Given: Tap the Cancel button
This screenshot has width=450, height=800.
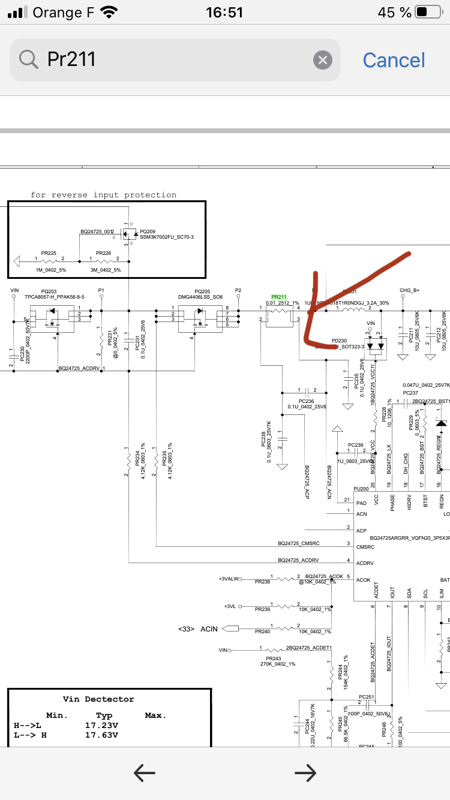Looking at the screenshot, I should coord(394,60).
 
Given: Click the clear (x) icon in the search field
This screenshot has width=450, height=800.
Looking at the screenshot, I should coord(322,60).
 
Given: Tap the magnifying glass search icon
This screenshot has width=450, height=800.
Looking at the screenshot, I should coord(28,59).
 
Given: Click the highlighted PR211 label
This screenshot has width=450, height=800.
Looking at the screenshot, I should coord(279,297).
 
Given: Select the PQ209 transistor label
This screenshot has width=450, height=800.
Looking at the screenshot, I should coord(147,231).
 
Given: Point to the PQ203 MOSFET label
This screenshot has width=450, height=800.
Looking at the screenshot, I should coord(49,291).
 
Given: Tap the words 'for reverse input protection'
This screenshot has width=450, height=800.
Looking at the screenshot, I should coord(104,195).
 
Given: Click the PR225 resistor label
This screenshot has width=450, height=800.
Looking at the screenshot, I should coord(49,254).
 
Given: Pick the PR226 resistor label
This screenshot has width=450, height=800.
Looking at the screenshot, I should coord(103,254).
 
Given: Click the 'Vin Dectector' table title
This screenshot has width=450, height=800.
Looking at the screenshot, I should coord(98,699).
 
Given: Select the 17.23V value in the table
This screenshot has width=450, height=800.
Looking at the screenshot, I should coord(101,725).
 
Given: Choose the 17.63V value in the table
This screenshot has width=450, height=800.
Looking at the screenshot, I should coord(101,735).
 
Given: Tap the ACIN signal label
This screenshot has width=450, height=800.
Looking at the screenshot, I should coord(209,628).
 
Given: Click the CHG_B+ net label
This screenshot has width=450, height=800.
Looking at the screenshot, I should coord(410,291).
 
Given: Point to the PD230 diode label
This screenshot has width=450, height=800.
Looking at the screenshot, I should coord(339,341).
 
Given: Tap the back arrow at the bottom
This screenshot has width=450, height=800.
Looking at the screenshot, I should coord(145,774).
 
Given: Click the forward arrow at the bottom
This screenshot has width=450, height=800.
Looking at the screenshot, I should coord(305,774).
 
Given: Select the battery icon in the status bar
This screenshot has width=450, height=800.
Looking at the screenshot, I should coord(428,13).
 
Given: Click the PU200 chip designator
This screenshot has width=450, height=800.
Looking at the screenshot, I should coord(361,489).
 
